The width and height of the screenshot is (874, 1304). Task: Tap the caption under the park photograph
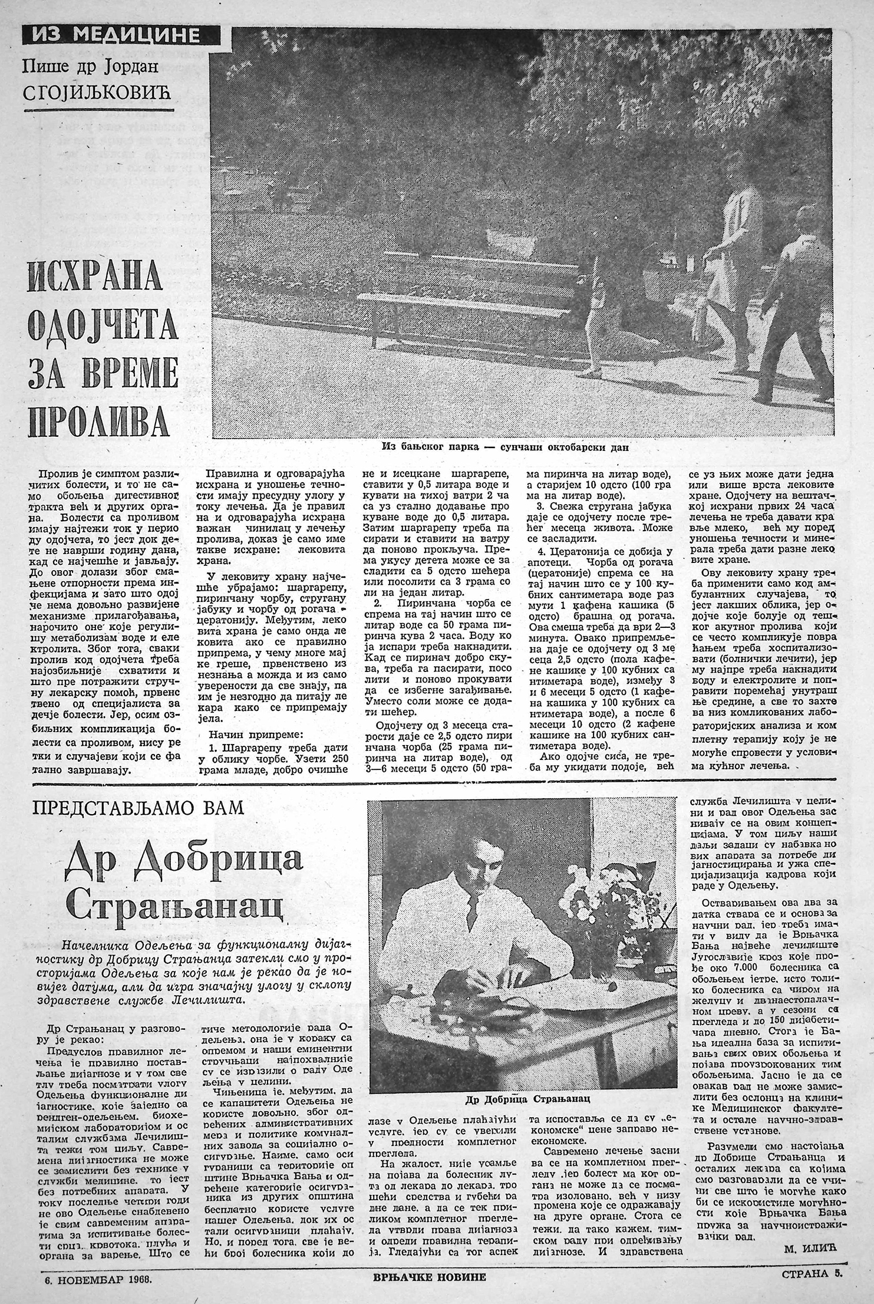[x=505, y=447]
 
